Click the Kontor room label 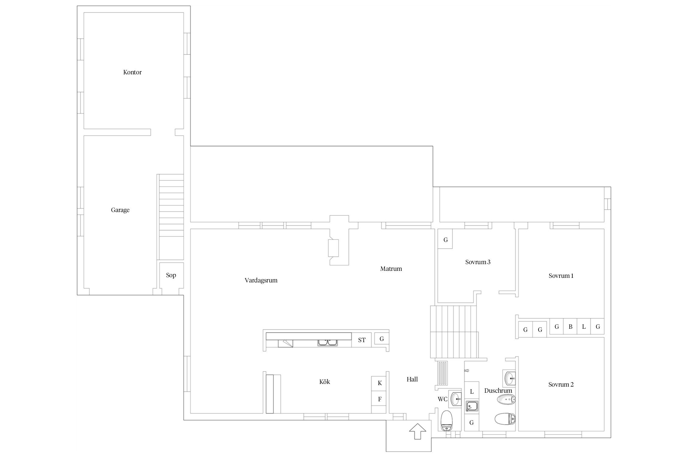(132, 72)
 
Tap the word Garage (120, 210)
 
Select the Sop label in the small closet (171, 275)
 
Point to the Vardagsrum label (261, 280)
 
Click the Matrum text (391, 269)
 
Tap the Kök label (325, 382)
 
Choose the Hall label (412, 379)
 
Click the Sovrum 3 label (478, 262)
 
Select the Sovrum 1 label (561, 276)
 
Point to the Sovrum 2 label (561, 384)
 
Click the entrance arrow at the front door (417, 431)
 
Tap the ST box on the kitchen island (362, 340)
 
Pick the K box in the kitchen (379, 383)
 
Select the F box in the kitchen (379, 399)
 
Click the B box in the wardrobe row (570, 327)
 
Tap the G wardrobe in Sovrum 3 (445, 240)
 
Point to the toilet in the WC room (447, 420)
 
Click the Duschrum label (498, 391)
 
